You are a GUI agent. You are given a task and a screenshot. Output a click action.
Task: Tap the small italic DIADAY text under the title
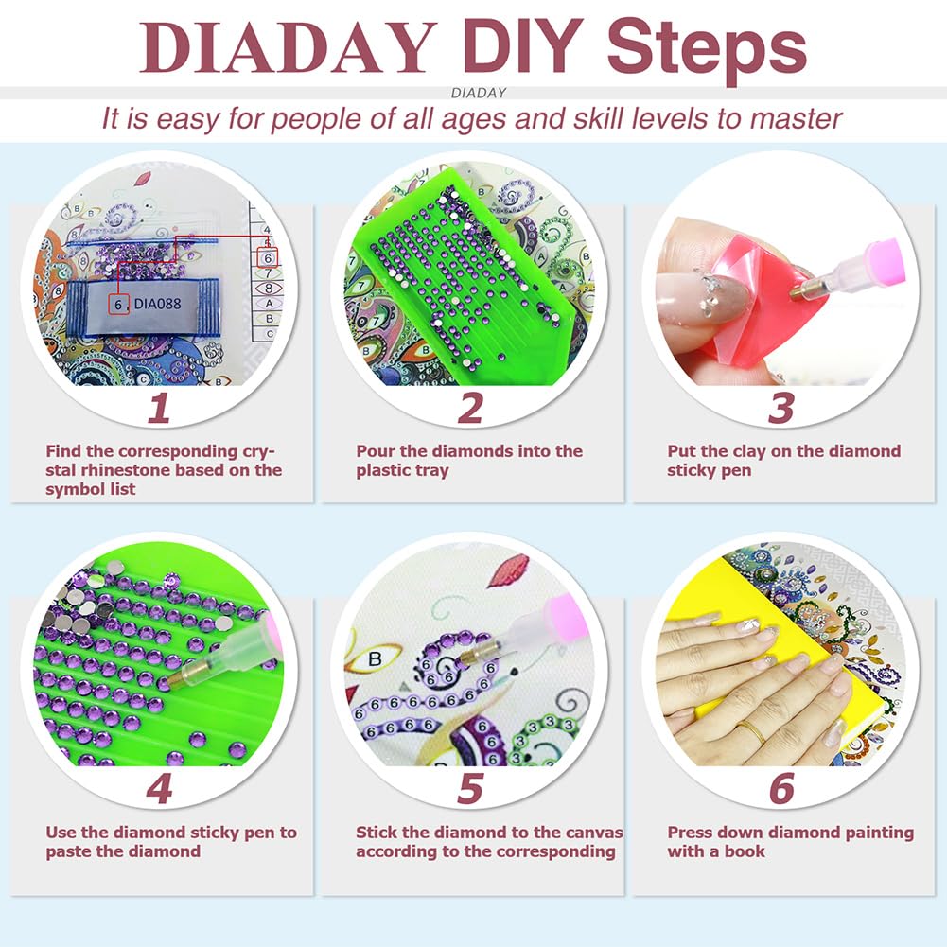click(x=479, y=93)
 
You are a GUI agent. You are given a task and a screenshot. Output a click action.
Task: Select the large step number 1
click(x=159, y=409)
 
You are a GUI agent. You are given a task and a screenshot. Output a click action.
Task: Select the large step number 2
click(x=470, y=409)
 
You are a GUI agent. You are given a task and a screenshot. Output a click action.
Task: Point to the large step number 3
click(x=780, y=409)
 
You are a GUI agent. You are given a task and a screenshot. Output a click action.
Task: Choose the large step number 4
click(x=159, y=789)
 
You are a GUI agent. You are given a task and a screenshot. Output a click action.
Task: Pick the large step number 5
click(x=470, y=789)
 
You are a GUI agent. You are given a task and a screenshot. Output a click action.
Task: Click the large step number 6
click(x=780, y=789)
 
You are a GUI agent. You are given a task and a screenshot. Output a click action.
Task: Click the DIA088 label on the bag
click(x=158, y=305)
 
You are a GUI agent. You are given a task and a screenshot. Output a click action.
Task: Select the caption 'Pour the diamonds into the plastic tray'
click(x=469, y=461)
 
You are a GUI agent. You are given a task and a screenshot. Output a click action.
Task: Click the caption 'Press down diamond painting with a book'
click(x=790, y=841)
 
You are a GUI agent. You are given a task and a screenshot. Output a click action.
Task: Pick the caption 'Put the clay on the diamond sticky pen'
click(x=783, y=461)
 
